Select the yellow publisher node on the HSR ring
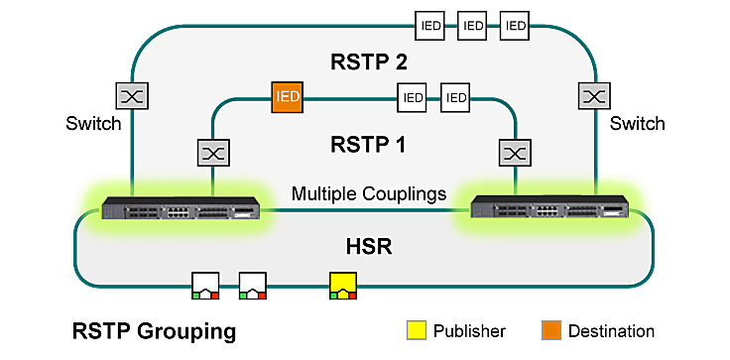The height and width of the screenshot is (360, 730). (x=343, y=287)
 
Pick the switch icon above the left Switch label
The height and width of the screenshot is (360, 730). (x=131, y=96)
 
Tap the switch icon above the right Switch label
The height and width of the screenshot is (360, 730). (x=593, y=96)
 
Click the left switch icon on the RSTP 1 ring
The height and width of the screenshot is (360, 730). (x=214, y=154)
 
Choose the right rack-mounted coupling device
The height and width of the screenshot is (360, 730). (x=550, y=209)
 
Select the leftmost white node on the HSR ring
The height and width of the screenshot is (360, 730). (x=205, y=287)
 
